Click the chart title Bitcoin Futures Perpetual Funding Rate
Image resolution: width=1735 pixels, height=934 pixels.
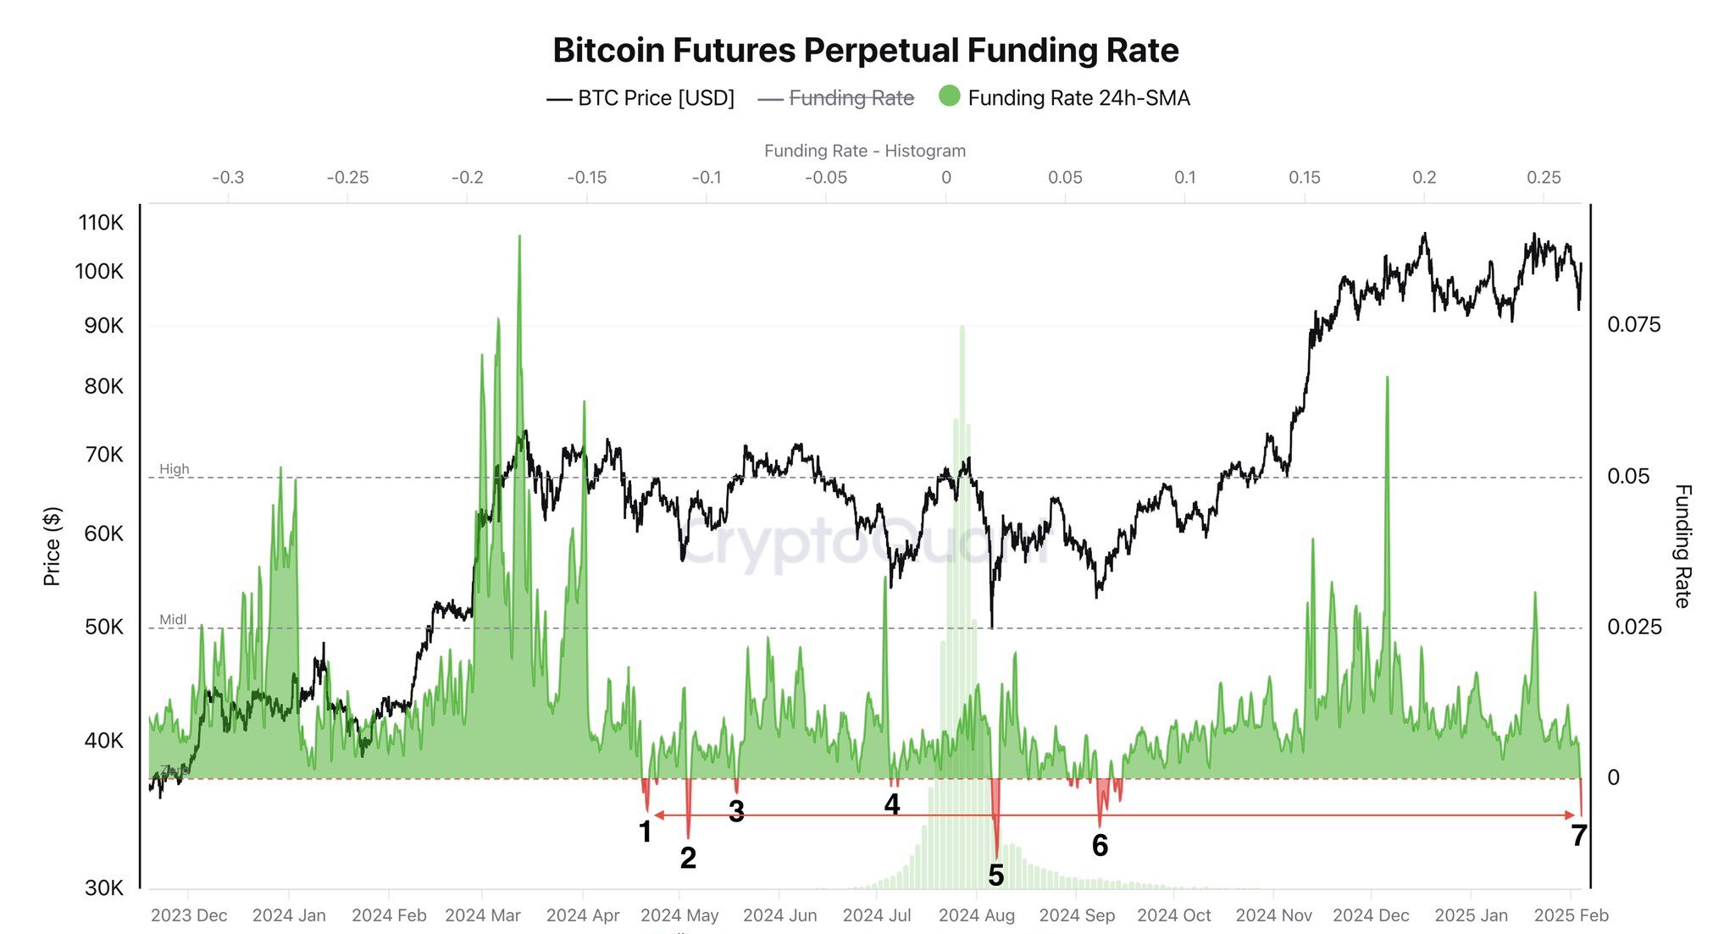point(865,51)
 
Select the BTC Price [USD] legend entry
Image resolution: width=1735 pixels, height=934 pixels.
point(641,98)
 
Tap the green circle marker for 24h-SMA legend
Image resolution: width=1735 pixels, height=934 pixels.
point(950,97)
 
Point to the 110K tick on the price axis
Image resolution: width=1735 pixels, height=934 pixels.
point(101,223)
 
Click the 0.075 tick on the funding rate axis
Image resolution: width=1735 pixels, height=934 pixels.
point(1633,325)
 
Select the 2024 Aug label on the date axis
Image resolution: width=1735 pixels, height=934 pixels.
point(976,915)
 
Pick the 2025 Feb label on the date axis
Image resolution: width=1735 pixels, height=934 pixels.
point(1571,915)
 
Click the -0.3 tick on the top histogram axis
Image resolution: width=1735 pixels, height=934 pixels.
point(227,178)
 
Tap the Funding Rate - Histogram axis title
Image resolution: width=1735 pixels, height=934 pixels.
point(864,151)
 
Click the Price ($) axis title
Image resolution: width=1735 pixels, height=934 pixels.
point(52,546)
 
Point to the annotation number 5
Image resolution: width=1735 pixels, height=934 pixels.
point(995,876)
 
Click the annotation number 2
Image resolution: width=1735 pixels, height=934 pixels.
point(688,858)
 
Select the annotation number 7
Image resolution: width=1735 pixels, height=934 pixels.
point(1578,836)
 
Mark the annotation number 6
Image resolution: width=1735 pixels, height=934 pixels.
point(1100,845)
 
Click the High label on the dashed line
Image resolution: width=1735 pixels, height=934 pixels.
point(175,469)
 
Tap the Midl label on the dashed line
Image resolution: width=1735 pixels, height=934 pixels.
point(173,620)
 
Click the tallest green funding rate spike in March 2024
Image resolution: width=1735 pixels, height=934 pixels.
point(519,238)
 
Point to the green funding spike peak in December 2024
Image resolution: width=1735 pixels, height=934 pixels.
point(1387,379)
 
